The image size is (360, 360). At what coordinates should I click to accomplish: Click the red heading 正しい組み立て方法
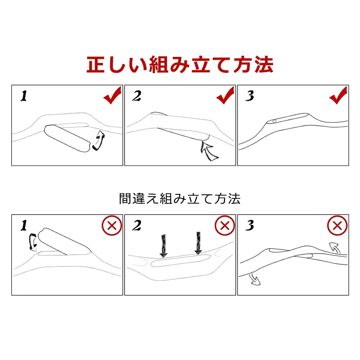point(180,65)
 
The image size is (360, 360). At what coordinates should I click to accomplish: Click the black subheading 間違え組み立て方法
point(180,199)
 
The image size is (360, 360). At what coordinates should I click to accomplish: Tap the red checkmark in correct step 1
point(112,95)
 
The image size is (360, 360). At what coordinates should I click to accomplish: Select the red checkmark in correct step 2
point(225,95)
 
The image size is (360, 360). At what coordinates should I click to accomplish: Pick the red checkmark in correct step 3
point(338,95)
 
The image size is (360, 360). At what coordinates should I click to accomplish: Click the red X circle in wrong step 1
point(112,225)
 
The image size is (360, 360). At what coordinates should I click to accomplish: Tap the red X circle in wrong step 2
point(225,225)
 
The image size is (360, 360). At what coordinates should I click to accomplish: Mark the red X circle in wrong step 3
point(337,225)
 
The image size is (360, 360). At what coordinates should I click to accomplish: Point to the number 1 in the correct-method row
point(24,96)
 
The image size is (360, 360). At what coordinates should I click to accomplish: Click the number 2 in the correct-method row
point(136,96)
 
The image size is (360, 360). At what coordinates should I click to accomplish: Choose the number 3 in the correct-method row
point(249,96)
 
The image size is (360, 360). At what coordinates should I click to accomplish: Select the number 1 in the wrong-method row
point(24,225)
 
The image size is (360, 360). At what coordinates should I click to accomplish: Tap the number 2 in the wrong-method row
point(136,225)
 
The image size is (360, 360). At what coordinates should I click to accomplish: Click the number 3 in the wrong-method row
point(249,225)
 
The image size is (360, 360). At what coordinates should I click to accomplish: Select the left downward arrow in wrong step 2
point(163,246)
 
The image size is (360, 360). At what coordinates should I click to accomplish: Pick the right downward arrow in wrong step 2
point(198,243)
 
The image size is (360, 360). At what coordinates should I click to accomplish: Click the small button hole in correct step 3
point(274,121)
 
